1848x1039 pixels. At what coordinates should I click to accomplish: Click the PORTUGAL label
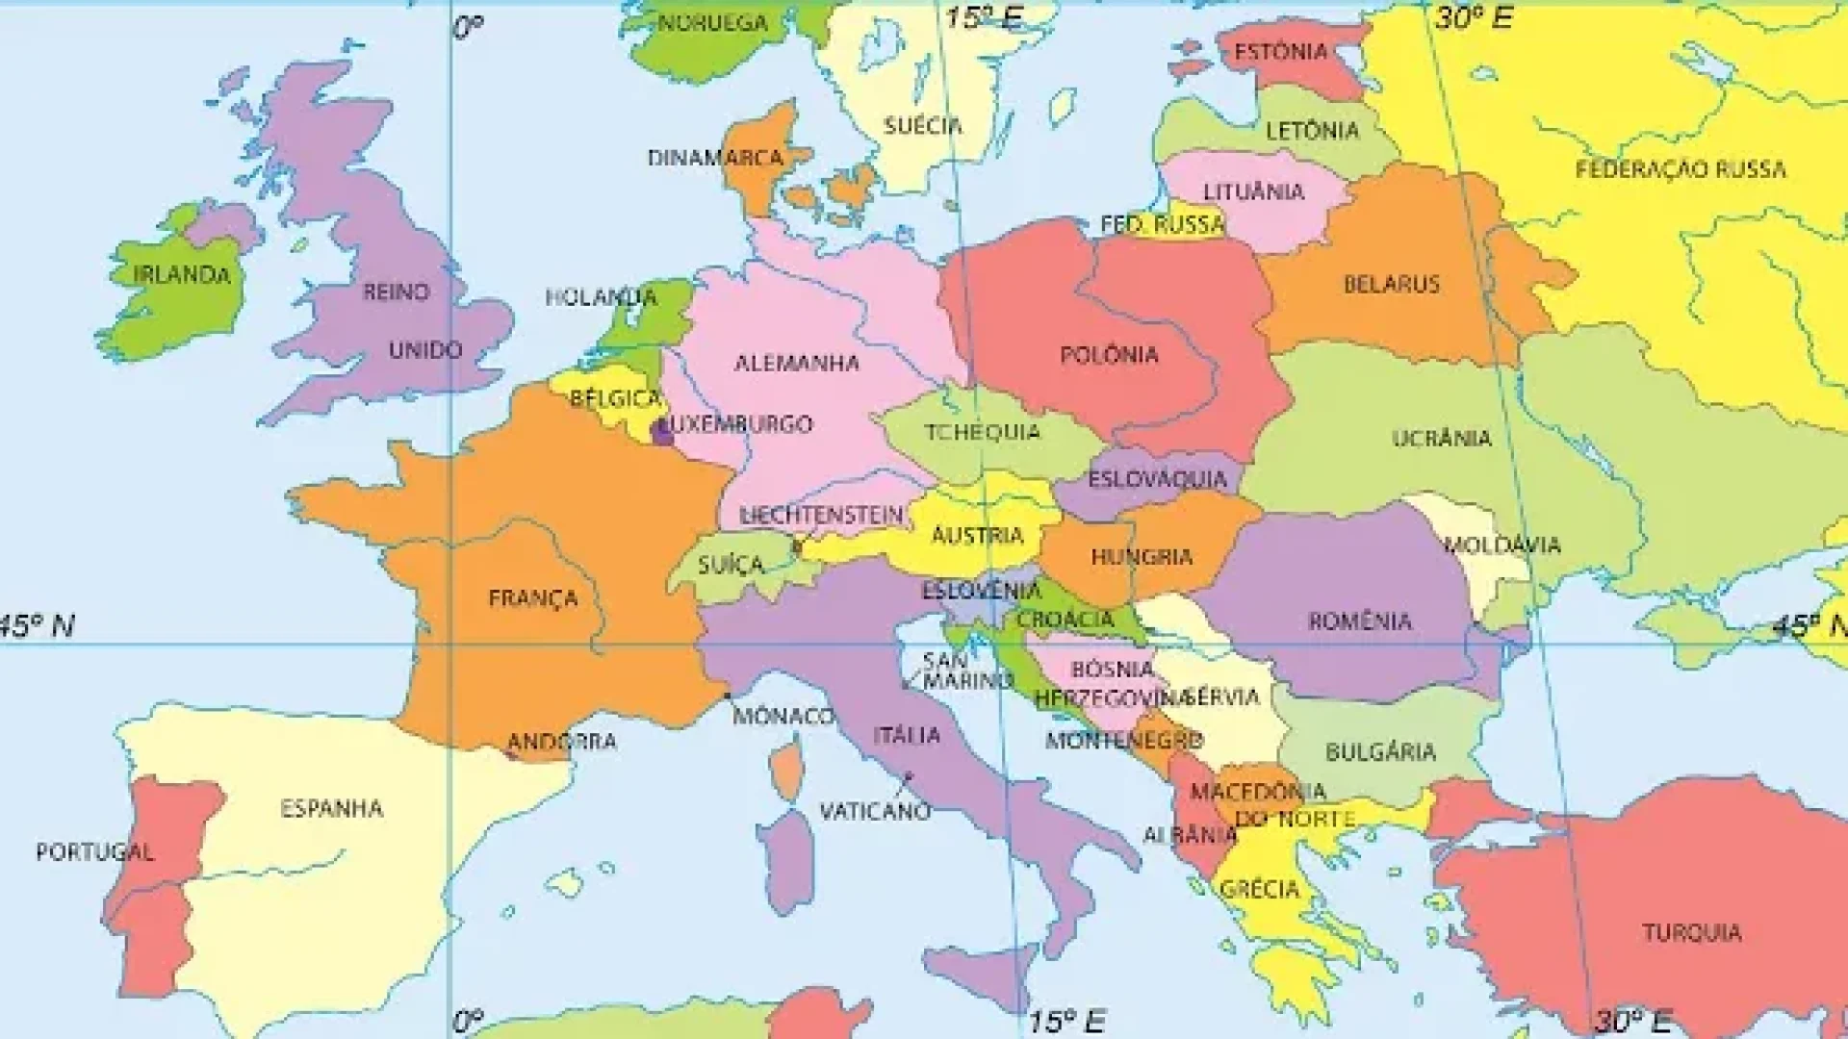(x=94, y=852)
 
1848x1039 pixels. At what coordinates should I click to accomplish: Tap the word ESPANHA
(x=331, y=808)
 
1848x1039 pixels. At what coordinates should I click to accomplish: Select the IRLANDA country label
(x=182, y=275)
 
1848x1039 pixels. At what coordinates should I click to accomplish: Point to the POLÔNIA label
(x=1109, y=355)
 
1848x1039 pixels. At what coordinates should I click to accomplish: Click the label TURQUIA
(x=1691, y=932)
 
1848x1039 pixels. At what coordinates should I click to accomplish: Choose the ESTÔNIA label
(x=1280, y=52)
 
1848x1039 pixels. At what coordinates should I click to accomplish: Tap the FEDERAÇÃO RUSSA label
(x=1681, y=170)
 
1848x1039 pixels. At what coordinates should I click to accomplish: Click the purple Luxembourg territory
(x=662, y=432)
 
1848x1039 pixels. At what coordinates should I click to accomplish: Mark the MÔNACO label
(x=783, y=717)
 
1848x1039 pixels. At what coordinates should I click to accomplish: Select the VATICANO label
(x=875, y=811)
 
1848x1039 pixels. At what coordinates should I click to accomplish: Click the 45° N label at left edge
(x=37, y=626)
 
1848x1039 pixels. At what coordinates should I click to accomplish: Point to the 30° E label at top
(x=1474, y=17)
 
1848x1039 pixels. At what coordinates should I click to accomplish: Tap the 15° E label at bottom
(x=1066, y=1020)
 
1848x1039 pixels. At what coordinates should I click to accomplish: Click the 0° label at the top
(x=468, y=29)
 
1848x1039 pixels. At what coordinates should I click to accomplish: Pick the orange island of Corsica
(x=787, y=770)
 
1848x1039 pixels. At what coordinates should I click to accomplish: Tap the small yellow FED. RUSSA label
(x=1163, y=225)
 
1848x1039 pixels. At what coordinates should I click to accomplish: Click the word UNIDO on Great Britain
(x=424, y=350)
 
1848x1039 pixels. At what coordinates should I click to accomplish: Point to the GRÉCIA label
(x=1259, y=889)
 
